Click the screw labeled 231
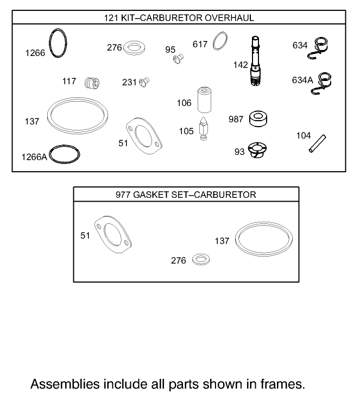(x=144, y=82)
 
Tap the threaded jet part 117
(x=92, y=83)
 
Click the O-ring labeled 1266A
(x=65, y=154)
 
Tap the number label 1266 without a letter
(x=35, y=53)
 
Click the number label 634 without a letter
(x=300, y=46)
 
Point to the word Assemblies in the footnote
(x=64, y=384)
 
